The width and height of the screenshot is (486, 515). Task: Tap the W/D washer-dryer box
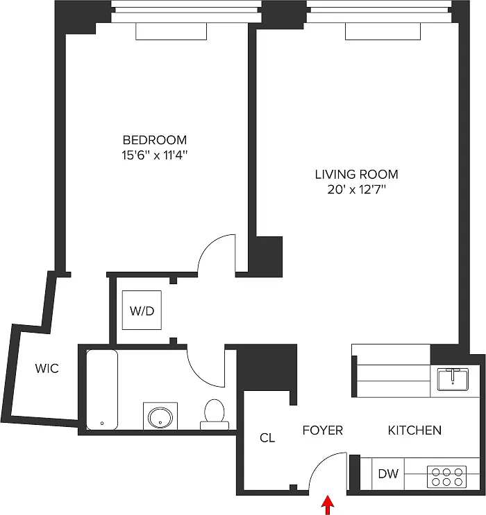coord(142,310)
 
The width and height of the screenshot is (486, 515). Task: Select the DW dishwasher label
coord(388,473)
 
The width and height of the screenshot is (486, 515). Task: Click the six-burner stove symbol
coord(446,477)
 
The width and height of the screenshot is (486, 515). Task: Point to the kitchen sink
coord(453,380)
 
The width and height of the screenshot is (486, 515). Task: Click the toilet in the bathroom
coord(215,414)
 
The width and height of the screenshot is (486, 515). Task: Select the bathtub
coord(102,390)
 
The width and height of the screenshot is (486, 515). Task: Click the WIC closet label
coord(47,369)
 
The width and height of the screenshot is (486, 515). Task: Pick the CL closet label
coord(267,438)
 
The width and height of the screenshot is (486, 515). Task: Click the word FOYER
coord(322,430)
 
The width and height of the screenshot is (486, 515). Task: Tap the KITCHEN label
coord(414,430)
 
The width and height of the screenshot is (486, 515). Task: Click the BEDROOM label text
coord(155,140)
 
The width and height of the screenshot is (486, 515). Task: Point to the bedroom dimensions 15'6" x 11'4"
coord(155,155)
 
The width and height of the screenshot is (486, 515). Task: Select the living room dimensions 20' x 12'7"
coord(356,189)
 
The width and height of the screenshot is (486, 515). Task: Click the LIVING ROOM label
coord(356,175)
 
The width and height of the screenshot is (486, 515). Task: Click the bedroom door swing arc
coord(208,244)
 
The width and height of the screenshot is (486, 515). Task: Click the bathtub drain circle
coord(102,423)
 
